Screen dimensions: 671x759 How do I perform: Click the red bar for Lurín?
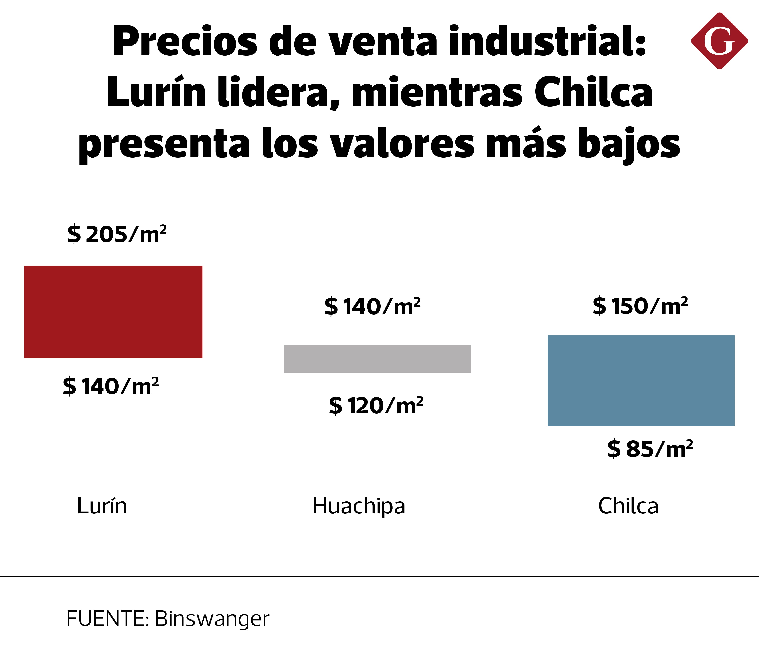113,312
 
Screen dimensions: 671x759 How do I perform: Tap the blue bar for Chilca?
641,381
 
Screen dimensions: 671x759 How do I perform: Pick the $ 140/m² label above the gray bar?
372,307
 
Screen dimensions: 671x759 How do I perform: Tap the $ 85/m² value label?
650,449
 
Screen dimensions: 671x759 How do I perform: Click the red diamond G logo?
719,41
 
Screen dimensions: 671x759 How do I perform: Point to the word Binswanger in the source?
212,619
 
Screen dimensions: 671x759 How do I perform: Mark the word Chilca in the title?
593,92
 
